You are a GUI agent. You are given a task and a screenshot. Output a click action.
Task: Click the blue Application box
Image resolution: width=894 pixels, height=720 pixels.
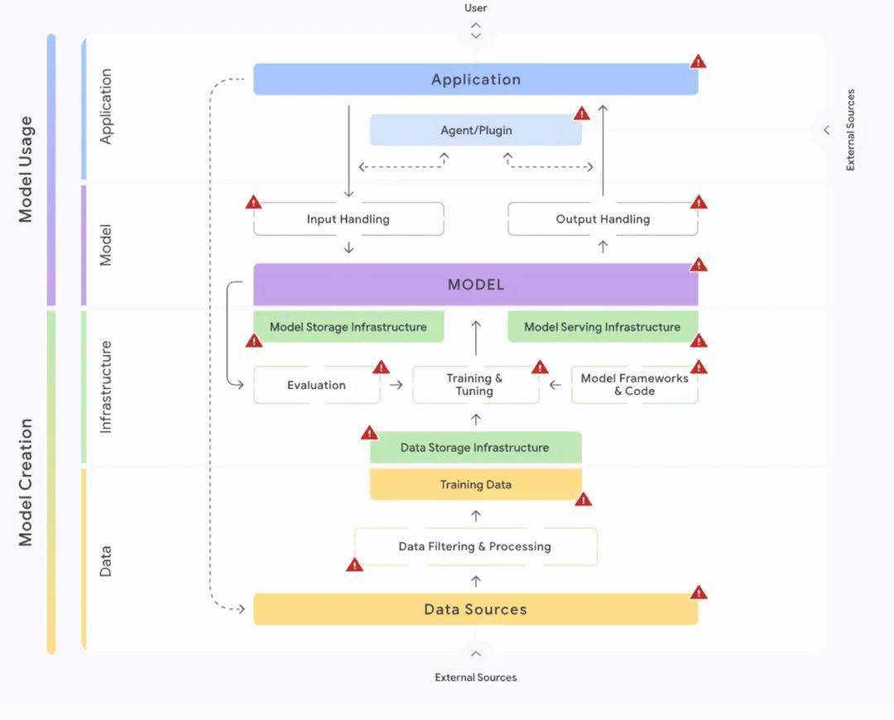click(475, 79)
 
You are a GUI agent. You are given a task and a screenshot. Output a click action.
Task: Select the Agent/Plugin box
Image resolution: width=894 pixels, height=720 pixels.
click(475, 130)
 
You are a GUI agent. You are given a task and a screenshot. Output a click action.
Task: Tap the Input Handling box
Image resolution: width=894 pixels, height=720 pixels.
click(348, 219)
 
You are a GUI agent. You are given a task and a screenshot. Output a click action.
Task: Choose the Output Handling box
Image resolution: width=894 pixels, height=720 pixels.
click(603, 219)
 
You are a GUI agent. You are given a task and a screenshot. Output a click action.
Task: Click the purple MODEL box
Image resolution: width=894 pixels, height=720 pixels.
click(475, 285)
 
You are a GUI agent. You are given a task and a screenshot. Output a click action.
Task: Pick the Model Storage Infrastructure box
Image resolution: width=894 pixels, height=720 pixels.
click(348, 327)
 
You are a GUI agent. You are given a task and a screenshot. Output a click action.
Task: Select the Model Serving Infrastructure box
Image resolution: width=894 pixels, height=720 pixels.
click(603, 327)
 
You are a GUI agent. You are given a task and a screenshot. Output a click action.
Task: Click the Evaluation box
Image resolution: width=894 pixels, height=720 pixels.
click(316, 385)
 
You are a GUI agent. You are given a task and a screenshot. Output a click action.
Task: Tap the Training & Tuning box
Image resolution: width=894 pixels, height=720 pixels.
click(475, 385)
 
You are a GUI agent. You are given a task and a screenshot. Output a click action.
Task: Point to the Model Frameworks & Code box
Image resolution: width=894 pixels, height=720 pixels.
click(635, 385)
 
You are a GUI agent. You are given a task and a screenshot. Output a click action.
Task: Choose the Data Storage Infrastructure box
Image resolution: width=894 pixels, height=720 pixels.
click(475, 448)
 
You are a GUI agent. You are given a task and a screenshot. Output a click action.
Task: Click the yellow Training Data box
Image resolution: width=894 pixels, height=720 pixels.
click(475, 484)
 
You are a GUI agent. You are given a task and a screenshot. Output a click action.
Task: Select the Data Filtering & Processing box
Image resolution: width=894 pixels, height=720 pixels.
click(475, 547)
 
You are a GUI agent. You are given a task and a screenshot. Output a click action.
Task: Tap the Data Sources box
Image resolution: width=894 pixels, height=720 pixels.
click(475, 609)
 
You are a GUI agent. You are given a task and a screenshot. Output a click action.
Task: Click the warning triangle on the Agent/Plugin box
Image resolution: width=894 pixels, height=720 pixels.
click(582, 113)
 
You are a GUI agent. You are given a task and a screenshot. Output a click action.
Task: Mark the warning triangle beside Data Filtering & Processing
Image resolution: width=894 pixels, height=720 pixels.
click(354, 565)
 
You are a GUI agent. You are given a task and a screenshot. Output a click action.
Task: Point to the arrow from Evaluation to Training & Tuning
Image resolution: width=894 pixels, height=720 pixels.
click(397, 385)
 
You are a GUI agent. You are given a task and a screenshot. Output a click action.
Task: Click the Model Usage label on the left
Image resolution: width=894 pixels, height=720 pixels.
click(26, 170)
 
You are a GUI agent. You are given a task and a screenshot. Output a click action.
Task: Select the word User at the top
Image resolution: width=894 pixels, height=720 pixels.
click(475, 8)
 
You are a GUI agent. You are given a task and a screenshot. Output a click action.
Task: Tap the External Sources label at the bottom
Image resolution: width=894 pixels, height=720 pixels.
click(475, 677)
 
